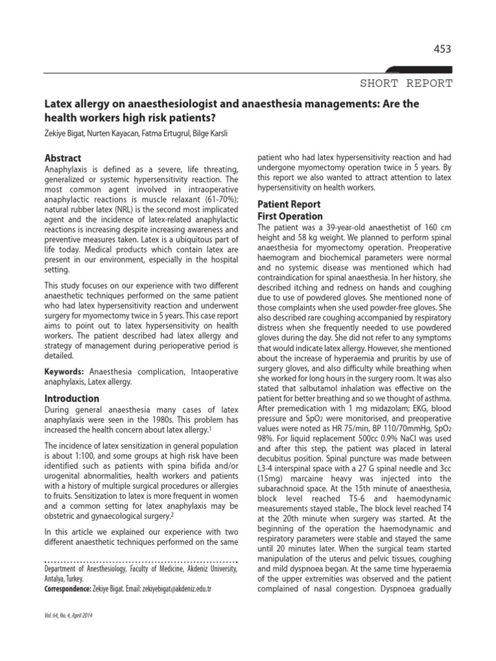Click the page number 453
tap(441, 49)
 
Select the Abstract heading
tap(62, 158)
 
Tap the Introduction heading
tap(71, 398)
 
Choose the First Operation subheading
tap(290, 216)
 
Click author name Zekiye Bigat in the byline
tap(63, 133)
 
